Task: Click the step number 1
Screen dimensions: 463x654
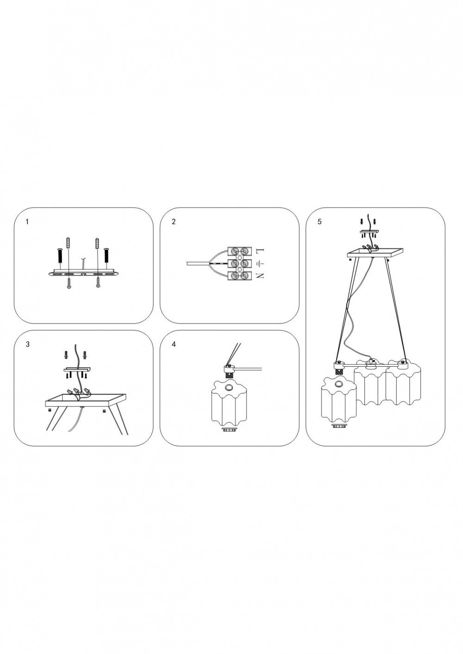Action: [x=27, y=222]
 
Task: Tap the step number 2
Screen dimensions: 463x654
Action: [x=174, y=222]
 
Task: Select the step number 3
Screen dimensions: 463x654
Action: [x=27, y=344]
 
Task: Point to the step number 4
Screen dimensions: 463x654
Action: [x=174, y=344]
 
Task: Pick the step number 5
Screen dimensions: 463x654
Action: [x=319, y=222]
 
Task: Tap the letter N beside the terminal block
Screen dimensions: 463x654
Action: [x=260, y=275]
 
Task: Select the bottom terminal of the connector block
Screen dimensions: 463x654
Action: [x=239, y=276]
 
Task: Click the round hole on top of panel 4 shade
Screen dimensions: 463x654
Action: [x=229, y=387]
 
